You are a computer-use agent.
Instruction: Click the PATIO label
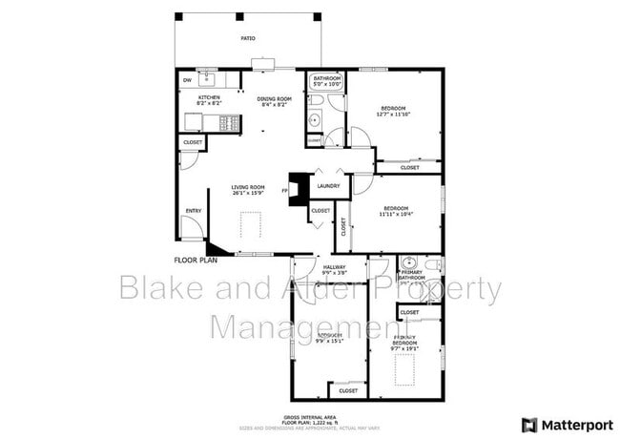(x=247, y=38)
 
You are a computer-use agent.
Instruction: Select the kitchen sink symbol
(x=206, y=76)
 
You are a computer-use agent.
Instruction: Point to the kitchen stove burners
(x=228, y=122)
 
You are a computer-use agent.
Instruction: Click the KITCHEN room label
(x=210, y=97)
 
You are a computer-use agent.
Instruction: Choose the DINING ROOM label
(x=274, y=97)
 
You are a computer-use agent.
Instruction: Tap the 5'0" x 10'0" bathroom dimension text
(x=327, y=84)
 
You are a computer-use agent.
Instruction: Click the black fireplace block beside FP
(x=299, y=188)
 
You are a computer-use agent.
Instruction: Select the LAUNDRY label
(x=329, y=186)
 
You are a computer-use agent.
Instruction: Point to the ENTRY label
(x=194, y=211)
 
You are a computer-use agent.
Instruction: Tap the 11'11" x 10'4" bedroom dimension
(x=396, y=214)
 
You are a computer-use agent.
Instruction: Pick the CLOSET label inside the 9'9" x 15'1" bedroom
(x=348, y=389)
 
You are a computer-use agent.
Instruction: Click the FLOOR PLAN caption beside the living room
(x=196, y=259)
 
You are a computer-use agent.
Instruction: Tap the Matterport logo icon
(x=528, y=424)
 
